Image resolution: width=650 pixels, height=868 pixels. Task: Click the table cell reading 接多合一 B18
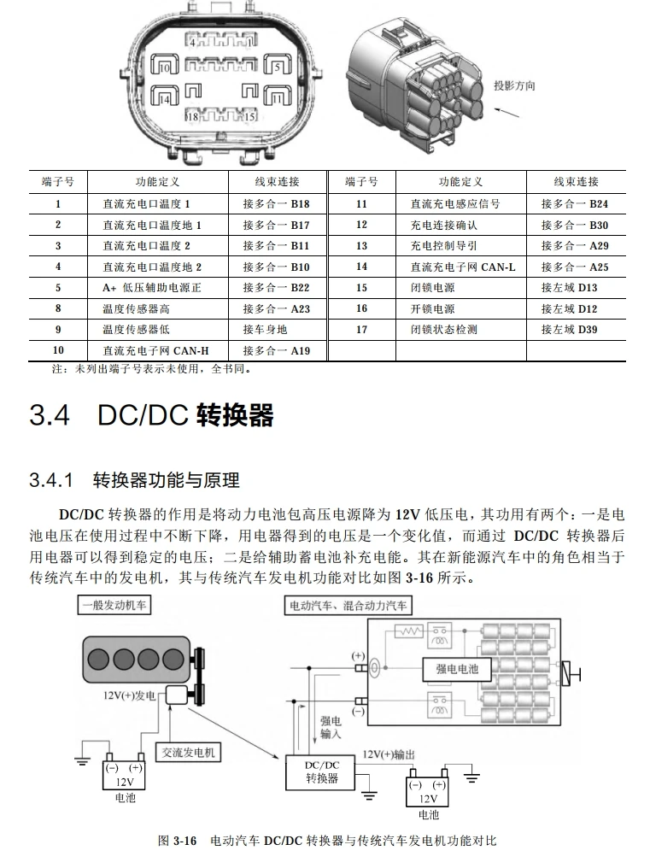click(276, 204)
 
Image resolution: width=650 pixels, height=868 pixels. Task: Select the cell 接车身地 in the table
click(265, 330)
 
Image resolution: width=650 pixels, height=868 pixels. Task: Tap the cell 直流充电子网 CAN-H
click(155, 350)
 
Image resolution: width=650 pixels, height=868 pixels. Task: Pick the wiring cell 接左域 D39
click(569, 330)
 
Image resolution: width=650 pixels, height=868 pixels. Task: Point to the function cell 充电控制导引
click(443, 246)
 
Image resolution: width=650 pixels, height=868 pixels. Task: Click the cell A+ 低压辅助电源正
click(151, 288)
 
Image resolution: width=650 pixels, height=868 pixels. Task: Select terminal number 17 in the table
click(361, 330)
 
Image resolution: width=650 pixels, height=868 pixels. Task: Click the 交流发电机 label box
click(190, 752)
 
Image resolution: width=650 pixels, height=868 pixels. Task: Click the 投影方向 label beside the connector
click(514, 86)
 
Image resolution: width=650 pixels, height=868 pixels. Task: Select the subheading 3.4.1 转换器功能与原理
click(134, 479)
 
